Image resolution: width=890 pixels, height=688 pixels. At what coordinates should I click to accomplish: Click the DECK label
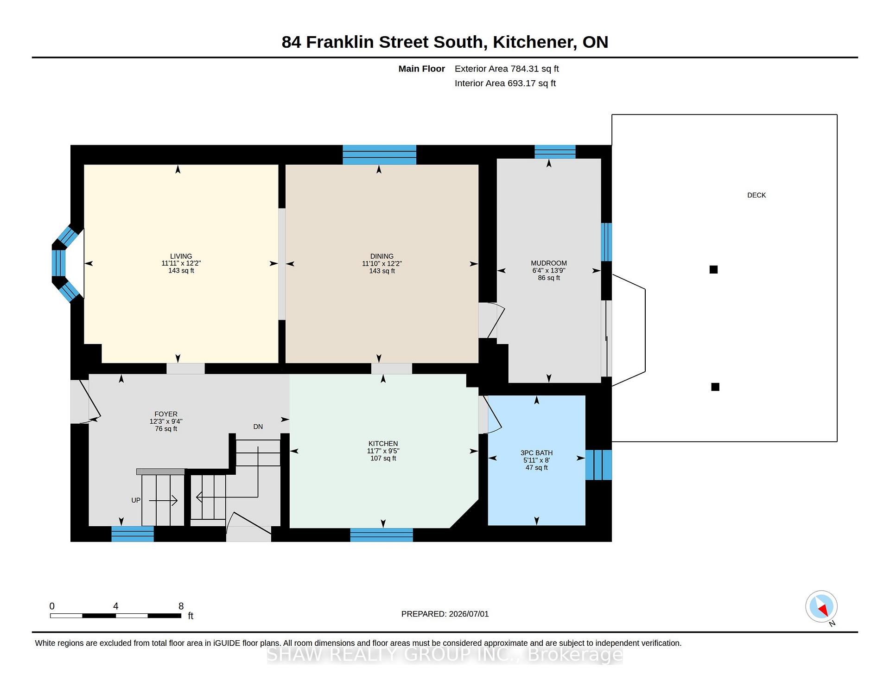756,195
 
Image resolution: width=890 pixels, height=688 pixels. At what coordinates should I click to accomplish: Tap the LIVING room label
181,256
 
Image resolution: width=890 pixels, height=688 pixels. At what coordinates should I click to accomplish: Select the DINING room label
382,256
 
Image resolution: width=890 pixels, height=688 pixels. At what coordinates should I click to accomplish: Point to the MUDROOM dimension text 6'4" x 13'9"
549,270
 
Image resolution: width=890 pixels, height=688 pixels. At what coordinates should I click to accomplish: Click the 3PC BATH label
536,453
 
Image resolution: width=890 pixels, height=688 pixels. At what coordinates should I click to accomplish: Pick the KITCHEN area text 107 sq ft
383,458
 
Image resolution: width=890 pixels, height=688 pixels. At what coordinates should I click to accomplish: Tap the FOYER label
166,414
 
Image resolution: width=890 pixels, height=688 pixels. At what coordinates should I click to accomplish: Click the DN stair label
258,427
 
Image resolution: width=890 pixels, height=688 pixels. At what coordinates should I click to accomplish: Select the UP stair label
136,500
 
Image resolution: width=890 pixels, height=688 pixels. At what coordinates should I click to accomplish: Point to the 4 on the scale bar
116,606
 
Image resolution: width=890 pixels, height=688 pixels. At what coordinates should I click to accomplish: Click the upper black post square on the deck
713,269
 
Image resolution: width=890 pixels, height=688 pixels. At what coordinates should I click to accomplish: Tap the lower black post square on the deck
715,387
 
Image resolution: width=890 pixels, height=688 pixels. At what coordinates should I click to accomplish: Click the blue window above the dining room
379,155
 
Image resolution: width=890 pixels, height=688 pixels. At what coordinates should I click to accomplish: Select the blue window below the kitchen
381,535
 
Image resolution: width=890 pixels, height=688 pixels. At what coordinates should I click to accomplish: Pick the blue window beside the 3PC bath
598,465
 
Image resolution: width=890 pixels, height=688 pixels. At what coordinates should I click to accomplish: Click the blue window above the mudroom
555,152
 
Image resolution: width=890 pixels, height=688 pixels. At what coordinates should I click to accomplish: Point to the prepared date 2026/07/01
469,614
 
